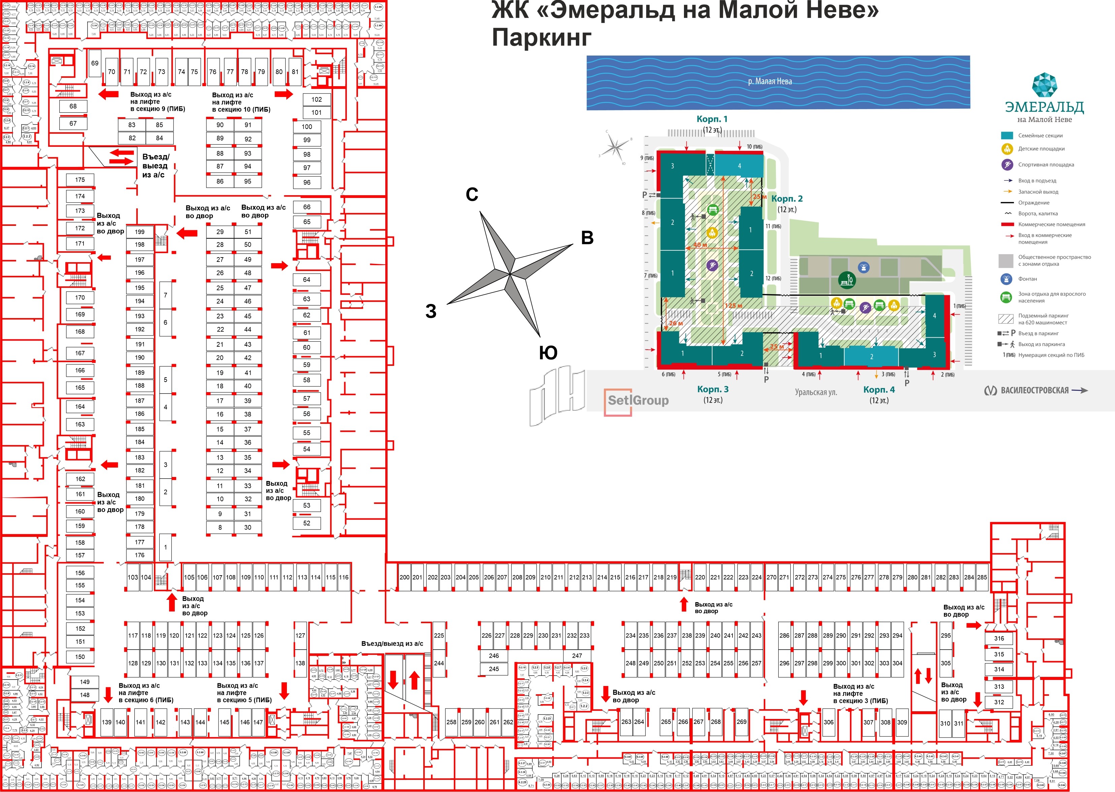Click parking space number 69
pos(95,63)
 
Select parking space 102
pos(317,100)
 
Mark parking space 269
pos(741,722)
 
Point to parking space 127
pos(300,635)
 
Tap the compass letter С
pos(472,195)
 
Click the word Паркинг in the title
pos(542,37)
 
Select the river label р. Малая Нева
pos(770,81)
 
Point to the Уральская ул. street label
pos(816,392)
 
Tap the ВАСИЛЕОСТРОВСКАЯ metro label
pos(1035,390)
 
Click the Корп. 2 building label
pos(787,199)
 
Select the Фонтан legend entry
pos(1028,279)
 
